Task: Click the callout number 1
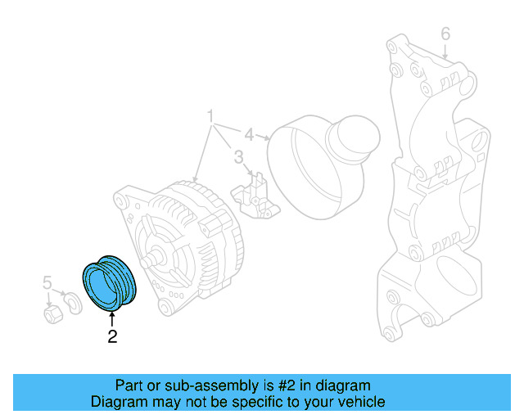pyautogui.click(x=211, y=115)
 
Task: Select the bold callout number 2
pyautogui.click(x=112, y=336)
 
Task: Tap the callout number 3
pyautogui.click(x=238, y=156)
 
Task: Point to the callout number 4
pyautogui.click(x=249, y=133)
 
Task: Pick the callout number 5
pyautogui.click(x=47, y=283)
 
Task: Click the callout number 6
pyautogui.click(x=445, y=34)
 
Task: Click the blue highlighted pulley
pyautogui.click(x=111, y=283)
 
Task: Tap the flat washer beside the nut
pyautogui.click(x=73, y=304)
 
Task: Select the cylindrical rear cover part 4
pyautogui.click(x=323, y=168)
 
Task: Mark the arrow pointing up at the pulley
pyautogui.click(x=112, y=318)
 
